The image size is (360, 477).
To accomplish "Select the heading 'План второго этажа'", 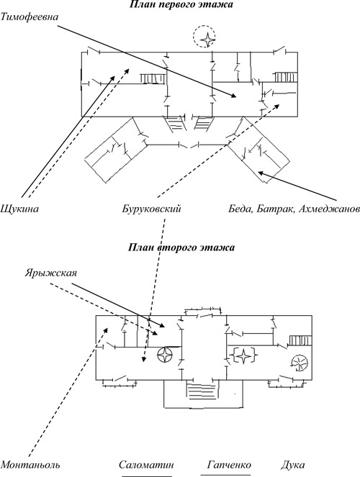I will [179, 247].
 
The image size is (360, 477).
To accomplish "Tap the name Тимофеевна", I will [30, 16].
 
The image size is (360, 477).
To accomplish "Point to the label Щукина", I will [19, 209].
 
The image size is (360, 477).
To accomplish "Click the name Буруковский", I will [150, 209].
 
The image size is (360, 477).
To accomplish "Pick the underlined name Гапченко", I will [226, 465].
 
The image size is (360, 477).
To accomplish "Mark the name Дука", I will [293, 465].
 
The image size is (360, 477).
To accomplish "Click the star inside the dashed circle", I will [207, 37].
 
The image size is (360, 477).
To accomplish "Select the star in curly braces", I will [246, 354].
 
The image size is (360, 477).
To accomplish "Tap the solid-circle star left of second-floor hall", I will [166, 355].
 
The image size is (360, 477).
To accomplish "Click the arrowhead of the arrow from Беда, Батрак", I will [261, 173].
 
